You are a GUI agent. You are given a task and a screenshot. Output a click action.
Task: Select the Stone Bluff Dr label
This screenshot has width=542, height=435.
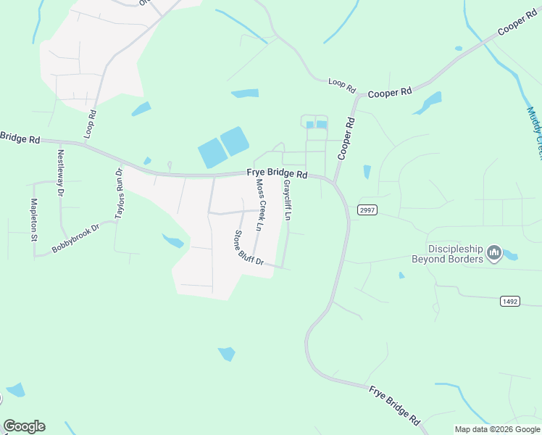(247, 248)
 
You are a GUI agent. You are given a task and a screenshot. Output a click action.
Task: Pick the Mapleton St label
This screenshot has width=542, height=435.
(33, 220)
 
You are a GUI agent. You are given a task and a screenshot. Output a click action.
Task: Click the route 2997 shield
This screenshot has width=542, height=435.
(366, 210)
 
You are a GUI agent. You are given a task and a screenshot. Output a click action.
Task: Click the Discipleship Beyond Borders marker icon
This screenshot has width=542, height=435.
(495, 253)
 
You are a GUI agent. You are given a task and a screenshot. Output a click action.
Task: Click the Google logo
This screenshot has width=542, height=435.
(24, 426)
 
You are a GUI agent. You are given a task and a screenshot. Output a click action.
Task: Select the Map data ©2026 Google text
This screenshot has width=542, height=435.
(498, 429)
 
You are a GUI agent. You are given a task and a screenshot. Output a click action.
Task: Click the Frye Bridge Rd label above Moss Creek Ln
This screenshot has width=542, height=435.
(277, 174)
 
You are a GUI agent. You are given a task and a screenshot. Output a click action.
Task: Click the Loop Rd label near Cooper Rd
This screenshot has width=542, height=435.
(342, 85)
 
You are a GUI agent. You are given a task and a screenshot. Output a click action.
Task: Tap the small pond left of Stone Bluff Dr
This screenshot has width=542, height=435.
(173, 240)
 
